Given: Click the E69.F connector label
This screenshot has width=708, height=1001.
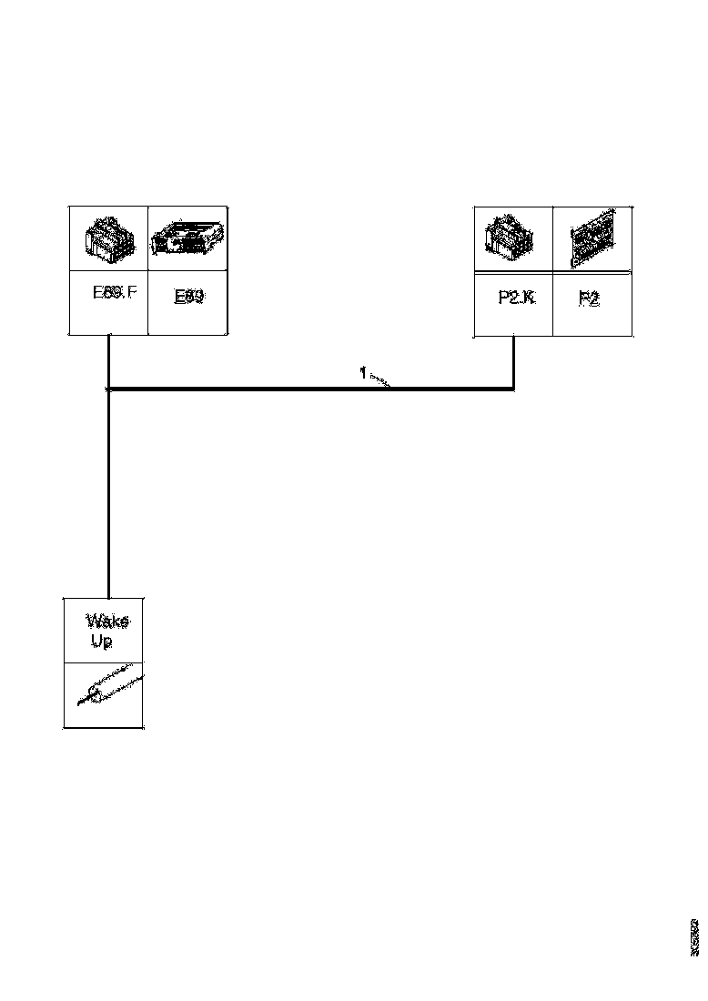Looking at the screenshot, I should coord(114,294).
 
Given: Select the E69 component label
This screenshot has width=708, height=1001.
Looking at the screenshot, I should coord(187,297).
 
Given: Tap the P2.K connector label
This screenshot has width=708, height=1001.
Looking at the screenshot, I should coord(516,297).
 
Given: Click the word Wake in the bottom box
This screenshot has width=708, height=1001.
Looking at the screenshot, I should coord(107,622).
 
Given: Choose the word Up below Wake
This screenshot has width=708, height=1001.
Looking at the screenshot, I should coord(101,642).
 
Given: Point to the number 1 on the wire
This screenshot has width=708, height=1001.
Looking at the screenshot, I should coord(362,373).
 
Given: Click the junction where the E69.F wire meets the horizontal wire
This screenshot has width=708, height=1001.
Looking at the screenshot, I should coord(109,389).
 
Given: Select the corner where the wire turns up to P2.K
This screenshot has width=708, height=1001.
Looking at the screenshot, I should coord(514,389).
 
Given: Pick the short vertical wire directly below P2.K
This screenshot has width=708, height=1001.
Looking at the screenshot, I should coord(514,362).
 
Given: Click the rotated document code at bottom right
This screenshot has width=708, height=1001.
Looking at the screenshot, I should coord(694,936).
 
